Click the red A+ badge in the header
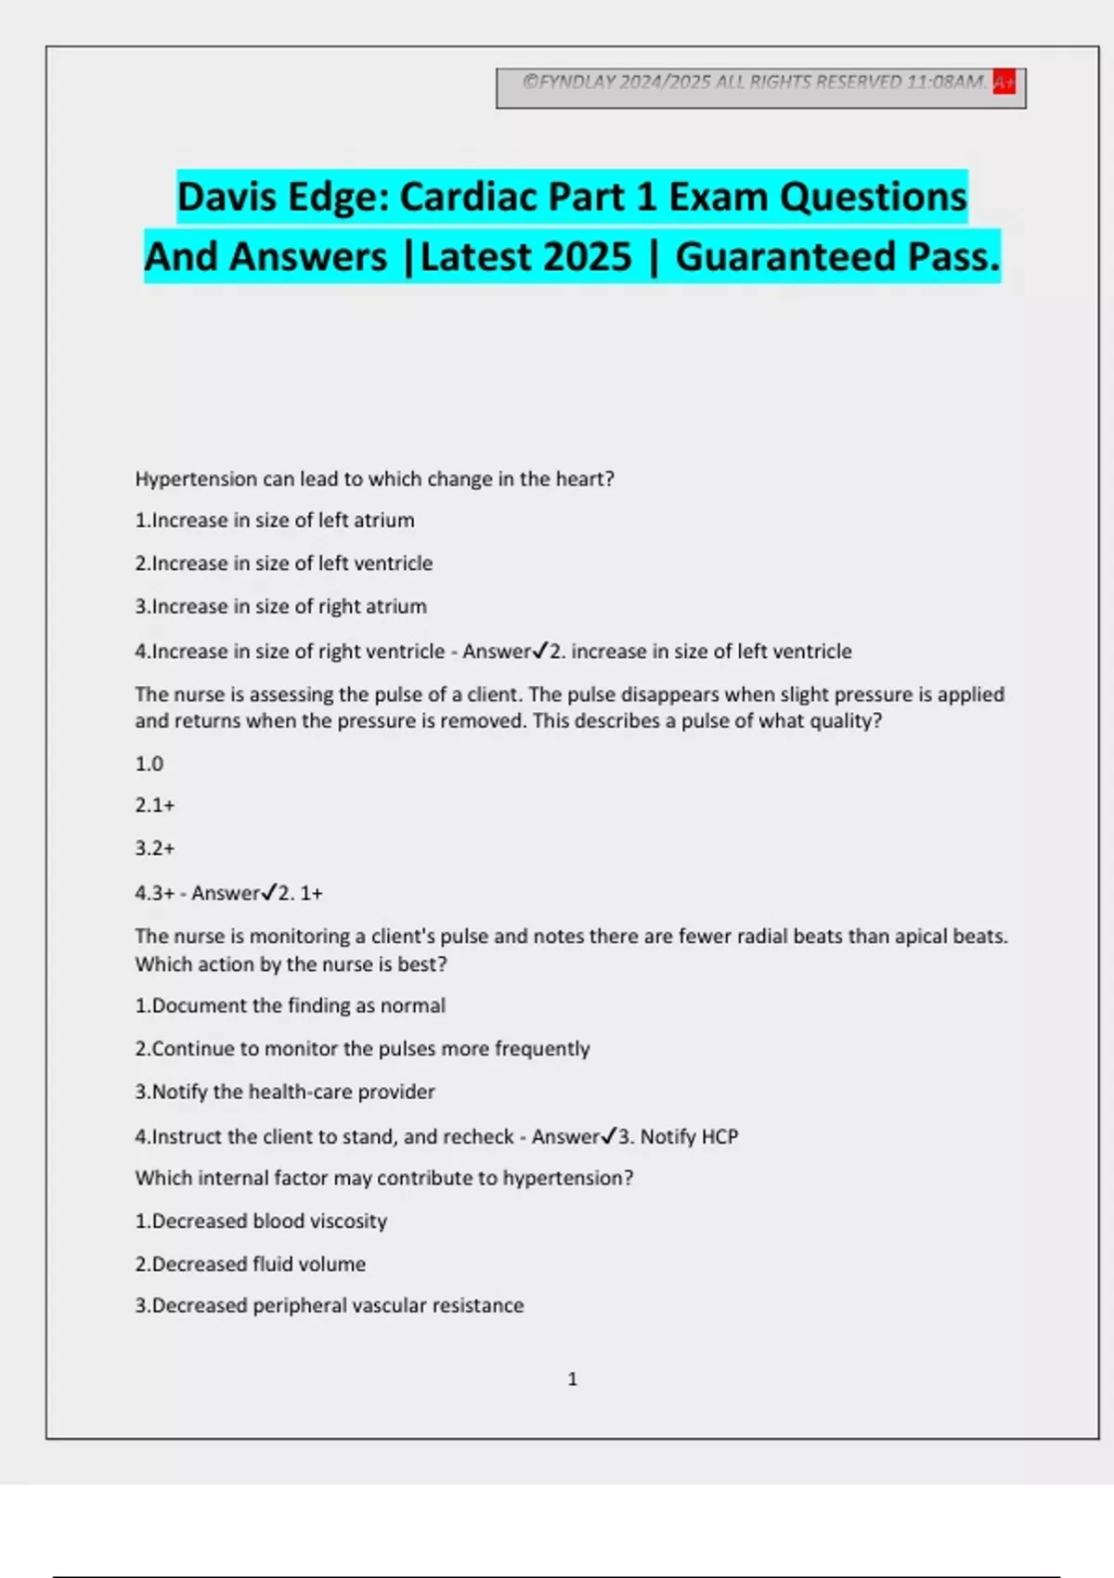tap(1004, 83)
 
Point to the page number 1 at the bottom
tap(572, 1379)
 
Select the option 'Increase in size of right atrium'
tap(281, 607)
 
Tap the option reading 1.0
tap(149, 764)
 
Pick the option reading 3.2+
tap(155, 848)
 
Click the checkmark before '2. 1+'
tap(269, 893)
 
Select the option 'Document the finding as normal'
tap(291, 1006)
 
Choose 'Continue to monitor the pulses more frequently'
tap(362, 1049)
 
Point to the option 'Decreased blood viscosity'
tap(261, 1222)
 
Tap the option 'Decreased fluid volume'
tap(251, 1264)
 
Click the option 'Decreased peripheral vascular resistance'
tap(330, 1306)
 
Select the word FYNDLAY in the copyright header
tap(577, 83)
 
